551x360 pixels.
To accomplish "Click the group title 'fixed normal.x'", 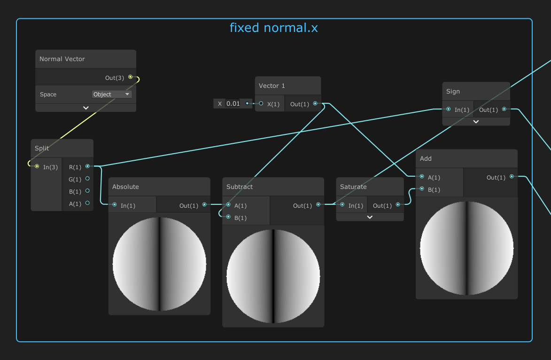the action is point(273,28).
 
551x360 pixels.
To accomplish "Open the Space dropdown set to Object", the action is point(112,94).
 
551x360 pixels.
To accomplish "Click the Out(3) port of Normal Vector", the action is point(130,77).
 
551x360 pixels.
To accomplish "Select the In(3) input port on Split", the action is point(37,166).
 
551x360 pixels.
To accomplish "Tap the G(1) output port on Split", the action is point(87,179).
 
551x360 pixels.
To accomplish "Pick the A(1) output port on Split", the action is point(87,203).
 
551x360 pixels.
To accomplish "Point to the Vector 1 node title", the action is point(272,86).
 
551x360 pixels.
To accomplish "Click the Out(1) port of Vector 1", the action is point(315,103).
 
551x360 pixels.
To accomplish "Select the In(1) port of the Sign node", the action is point(449,109).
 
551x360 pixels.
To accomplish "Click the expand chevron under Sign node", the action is point(476,121).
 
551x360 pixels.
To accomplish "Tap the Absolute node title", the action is point(125,187).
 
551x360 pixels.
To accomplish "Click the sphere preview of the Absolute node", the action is point(159,264).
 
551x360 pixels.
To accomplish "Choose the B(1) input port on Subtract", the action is point(228,217).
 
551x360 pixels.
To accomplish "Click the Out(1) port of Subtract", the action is point(318,205).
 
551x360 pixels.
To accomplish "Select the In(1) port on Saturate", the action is point(342,205).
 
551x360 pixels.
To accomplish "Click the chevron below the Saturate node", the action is point(370,217).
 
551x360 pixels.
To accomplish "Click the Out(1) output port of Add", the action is point(512,177).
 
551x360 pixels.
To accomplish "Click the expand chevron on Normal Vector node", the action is point(86,108).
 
